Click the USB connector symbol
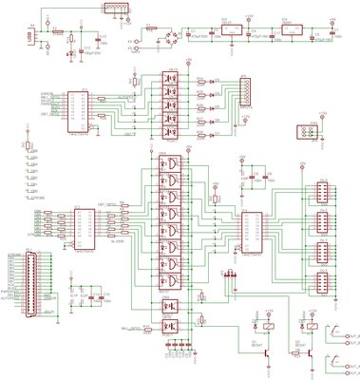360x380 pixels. click(29, 36)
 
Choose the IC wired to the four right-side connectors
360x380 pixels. click(254, 228)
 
